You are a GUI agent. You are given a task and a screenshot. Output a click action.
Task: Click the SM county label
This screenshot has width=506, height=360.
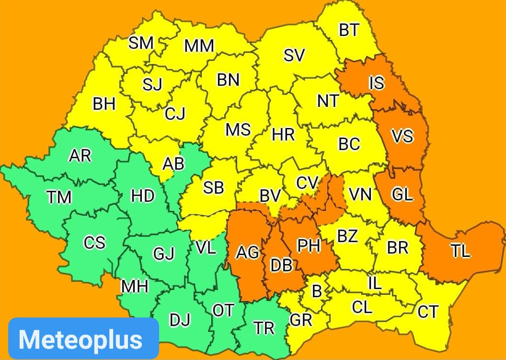click(141, 43)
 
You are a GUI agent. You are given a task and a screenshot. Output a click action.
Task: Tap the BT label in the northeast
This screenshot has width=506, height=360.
click(348, 30)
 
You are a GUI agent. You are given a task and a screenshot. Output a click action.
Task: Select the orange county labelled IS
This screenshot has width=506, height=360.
click(377, 83)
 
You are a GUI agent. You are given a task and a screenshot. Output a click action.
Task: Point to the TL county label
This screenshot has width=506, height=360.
click(460, 250)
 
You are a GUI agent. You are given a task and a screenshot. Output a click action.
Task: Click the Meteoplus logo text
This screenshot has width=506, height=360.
click(80, 339)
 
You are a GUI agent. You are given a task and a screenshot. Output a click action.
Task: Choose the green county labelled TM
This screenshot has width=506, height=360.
click(59, 197)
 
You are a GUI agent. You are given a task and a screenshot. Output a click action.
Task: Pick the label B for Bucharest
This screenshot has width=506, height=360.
click(317, 290)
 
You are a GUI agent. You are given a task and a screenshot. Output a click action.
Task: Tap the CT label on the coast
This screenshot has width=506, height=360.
click(427, 312)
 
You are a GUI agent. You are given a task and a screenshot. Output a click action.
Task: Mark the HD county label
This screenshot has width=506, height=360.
click(143, 196)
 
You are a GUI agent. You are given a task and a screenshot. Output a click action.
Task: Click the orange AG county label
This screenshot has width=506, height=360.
click(248, 252)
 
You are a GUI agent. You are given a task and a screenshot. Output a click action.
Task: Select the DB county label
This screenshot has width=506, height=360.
click(281, 265)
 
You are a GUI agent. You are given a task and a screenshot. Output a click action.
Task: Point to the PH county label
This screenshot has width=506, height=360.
click(309, 245)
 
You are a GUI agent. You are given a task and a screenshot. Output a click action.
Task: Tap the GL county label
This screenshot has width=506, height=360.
click(402, 194)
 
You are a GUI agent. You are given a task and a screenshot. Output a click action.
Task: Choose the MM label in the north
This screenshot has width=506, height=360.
click(199, 46)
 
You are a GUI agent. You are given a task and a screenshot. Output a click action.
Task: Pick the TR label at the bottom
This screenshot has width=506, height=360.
click(264, 328)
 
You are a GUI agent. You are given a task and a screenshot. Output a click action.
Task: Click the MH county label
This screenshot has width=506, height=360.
click(134, 286)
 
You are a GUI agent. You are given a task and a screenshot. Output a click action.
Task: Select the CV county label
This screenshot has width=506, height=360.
click(307, 183)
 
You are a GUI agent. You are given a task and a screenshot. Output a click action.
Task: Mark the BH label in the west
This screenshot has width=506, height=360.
click(104, 104)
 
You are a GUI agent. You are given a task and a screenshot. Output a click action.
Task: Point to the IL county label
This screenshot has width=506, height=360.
click(375, 283)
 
